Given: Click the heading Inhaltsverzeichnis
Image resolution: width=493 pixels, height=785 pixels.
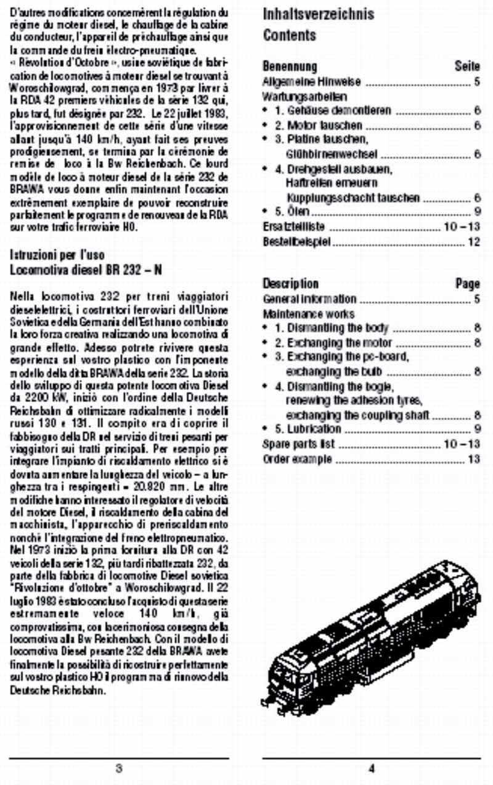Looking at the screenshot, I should click(x=318, y=14).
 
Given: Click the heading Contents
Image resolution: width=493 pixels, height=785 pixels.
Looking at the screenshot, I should click(x=289, y=35).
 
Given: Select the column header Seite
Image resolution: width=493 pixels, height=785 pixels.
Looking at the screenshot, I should click(x=467, y=66).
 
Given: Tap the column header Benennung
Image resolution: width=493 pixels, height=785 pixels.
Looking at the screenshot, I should click(x=290, y=66).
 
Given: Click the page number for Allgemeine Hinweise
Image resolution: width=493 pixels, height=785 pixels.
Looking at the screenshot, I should click(x=477, y=81).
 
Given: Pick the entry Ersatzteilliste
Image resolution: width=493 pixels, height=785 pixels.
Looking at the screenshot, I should click(x=293, y=226).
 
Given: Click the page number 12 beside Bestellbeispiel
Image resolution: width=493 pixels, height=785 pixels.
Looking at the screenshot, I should click(x=473, y=242).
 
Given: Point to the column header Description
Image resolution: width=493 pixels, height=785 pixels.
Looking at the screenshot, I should click(x=290, y=284).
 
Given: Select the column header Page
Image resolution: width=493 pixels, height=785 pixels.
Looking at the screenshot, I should click(x=467, y=284).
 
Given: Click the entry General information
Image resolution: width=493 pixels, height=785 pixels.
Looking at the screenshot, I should click(x=309, y=299).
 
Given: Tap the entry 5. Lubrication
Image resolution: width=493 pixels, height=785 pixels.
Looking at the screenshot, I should click(x=308, y=428).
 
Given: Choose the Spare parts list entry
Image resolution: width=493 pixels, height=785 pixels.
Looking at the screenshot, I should click(x=299, y=444).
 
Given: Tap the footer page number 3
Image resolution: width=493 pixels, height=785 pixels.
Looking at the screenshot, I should click(x=119, y=769).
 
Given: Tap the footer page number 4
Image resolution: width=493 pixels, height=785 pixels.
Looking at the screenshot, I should click(x=372, y=769).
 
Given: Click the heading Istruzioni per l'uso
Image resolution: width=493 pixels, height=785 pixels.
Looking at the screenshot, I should click(x=57, y=255).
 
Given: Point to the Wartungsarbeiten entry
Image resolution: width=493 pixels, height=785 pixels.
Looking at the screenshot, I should click(x=296, y=96).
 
